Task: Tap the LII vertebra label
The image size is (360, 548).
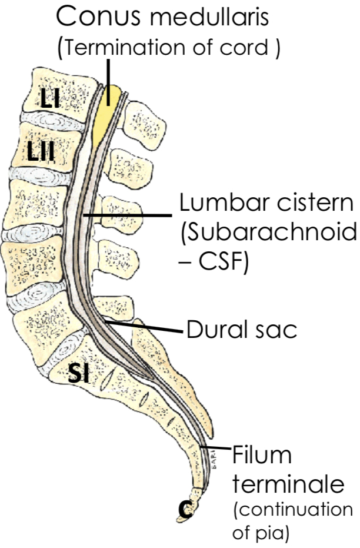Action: (x=41, y=154)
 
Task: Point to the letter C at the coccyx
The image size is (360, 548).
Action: (x=186, y=509)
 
